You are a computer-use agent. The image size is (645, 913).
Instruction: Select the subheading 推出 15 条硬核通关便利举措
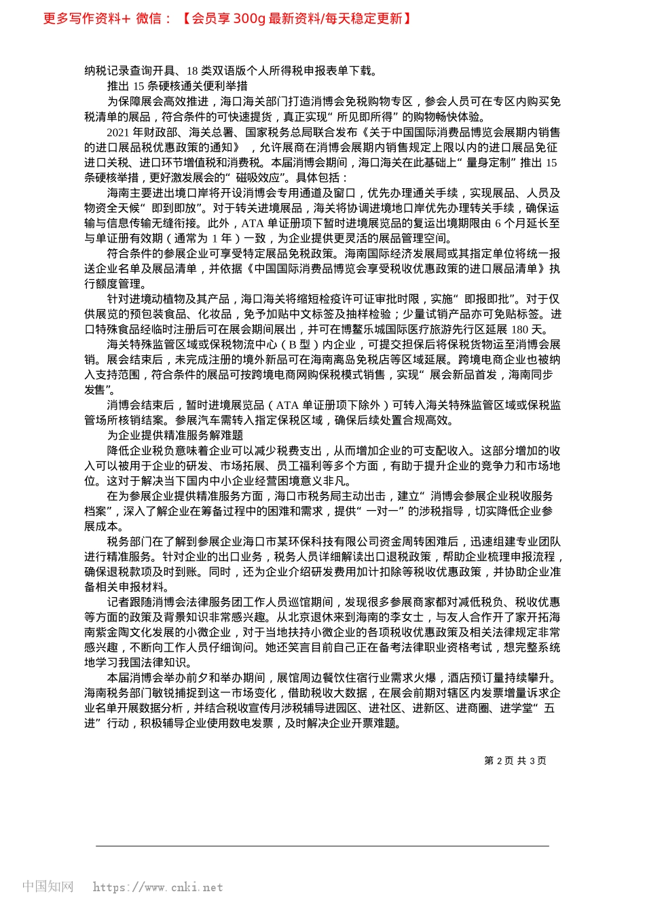click(x=177, y=86)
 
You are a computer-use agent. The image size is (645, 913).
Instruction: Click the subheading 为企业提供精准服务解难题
click(x=175, y=435)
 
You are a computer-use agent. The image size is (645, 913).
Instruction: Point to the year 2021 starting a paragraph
click(x=119, y=132)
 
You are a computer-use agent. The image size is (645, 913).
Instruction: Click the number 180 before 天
click(x=520, y=329)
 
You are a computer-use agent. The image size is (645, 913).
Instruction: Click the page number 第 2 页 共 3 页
click(x=515, y=761)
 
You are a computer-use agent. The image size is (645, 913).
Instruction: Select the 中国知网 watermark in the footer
click(x=48, y=887)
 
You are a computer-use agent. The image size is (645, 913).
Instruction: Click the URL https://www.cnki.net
click(x=158, y=887)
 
